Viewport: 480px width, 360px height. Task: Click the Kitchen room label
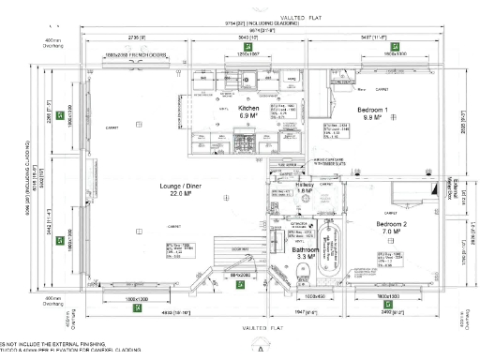click(248, 109)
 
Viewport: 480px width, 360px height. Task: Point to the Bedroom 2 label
click(394, 225)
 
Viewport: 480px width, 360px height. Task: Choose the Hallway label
click(304, 187)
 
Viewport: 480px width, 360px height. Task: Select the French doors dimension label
click(135, 54)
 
